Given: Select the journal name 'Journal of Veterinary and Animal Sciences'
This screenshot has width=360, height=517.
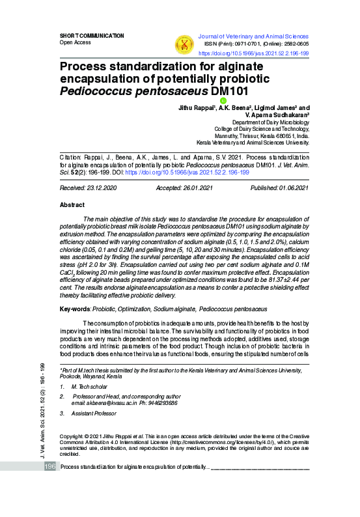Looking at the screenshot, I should click(254, 36).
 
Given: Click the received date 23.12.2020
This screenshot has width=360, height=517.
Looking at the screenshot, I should click(97, 188).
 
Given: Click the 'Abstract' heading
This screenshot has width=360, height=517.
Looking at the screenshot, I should click(72, 204).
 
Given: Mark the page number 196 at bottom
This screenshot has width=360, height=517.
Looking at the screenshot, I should click(49, 467).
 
